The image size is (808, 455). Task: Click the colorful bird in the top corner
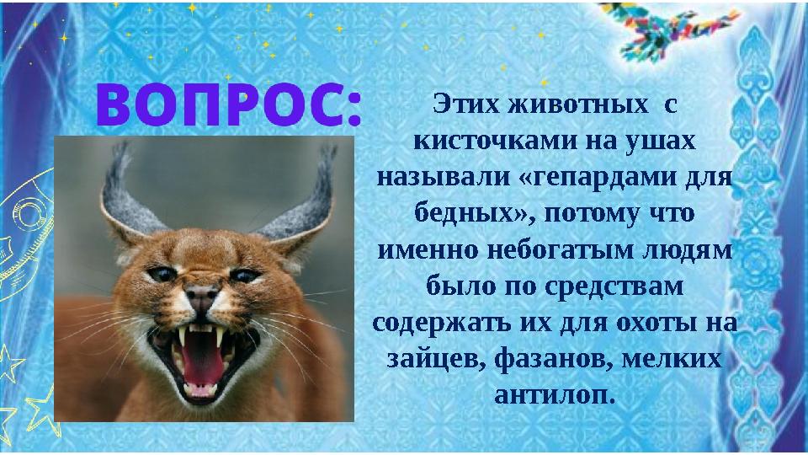pyautogui.click(x=666, y=29)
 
